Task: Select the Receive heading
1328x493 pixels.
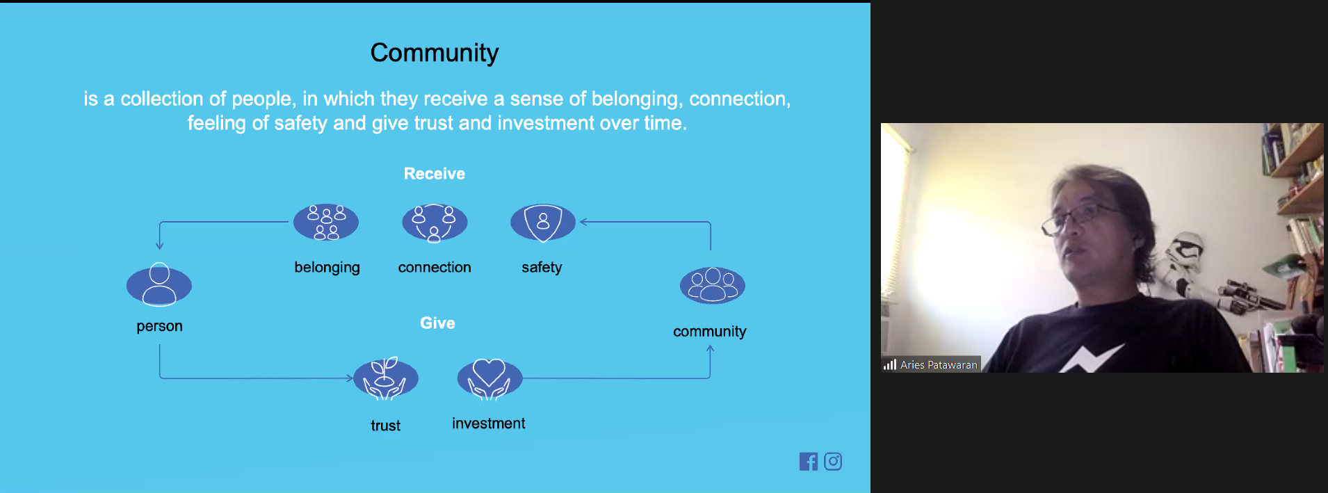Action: (435, 174)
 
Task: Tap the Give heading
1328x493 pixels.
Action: (437, 323)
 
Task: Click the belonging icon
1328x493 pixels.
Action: (326, 223)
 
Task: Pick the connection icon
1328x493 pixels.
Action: (435, 223)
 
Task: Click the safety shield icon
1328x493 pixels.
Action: (543, 223)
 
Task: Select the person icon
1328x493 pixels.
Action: (159, 285)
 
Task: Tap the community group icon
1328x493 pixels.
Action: (712, 285)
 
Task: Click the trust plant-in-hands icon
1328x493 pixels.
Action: (386, 379)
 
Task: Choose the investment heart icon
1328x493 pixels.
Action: (489, 379)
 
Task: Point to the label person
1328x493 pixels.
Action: (159, 327)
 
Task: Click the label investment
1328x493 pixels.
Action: (489, 423)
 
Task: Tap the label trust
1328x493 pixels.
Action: (386, 426)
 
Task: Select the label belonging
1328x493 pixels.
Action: (327, 268)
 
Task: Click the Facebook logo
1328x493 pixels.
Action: (809, 462)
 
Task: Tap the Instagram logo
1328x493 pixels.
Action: (833, 462)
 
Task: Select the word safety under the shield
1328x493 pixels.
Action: (542, 268)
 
